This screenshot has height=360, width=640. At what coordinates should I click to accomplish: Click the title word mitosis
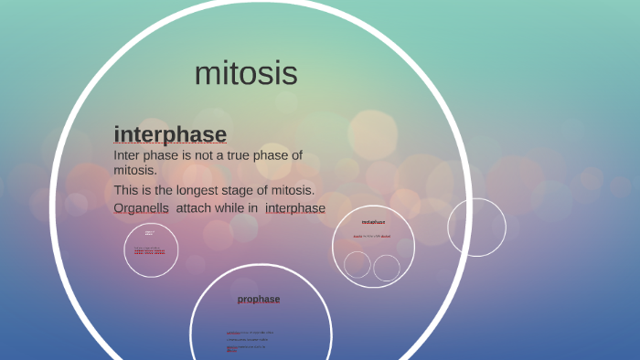(246, 73)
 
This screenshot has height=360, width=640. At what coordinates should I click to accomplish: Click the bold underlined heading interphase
(170, 134)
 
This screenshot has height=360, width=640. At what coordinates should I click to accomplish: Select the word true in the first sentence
(241, 155)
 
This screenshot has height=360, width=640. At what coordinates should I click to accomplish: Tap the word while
(235, 207)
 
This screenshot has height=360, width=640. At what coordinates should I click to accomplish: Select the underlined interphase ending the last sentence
(294, 207)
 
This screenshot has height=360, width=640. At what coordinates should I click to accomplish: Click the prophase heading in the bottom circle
(259, 299)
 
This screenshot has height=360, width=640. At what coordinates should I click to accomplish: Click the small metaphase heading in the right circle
(373, 222)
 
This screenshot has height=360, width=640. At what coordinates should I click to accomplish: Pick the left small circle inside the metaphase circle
(357, 265)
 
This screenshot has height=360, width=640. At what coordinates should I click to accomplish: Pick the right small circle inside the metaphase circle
(387, 268)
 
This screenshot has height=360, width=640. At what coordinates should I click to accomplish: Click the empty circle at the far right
(476, 228)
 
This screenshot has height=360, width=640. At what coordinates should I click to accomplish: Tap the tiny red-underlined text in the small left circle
(149, 249)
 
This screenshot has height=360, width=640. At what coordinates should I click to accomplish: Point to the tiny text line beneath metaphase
(372, 237)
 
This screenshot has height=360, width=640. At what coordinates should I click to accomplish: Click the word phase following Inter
(165, 155)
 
